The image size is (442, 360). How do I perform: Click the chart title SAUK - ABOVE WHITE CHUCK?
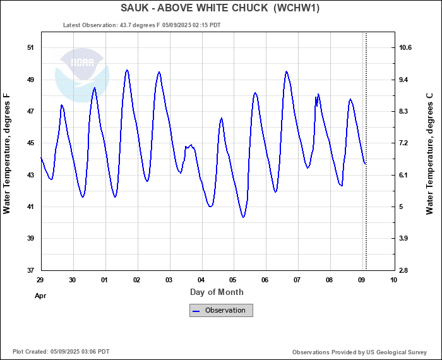tap(220, 8)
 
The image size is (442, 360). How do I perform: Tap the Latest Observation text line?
tap(142, 25)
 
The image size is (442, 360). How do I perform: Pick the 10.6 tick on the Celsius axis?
tap(405, 48)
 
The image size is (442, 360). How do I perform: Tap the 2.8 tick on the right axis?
tap(404, 270)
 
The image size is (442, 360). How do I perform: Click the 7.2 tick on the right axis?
tap(404, 143)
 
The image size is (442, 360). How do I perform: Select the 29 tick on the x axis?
tap(40, 279)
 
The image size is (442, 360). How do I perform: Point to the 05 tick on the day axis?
tap(233, 279)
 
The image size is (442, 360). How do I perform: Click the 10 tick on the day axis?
tap(394, 279)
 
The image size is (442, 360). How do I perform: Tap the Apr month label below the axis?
tap(40, 295)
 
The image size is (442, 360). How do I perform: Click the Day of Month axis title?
tap(217, 292)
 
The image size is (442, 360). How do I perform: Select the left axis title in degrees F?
tap(8, 153)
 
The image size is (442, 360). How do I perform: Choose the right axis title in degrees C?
tap(429, 153)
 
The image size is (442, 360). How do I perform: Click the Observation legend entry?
tap(221, 310)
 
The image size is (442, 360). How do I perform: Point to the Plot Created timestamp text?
tap(61, 352)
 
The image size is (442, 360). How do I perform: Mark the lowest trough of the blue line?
tap(243, 217)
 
